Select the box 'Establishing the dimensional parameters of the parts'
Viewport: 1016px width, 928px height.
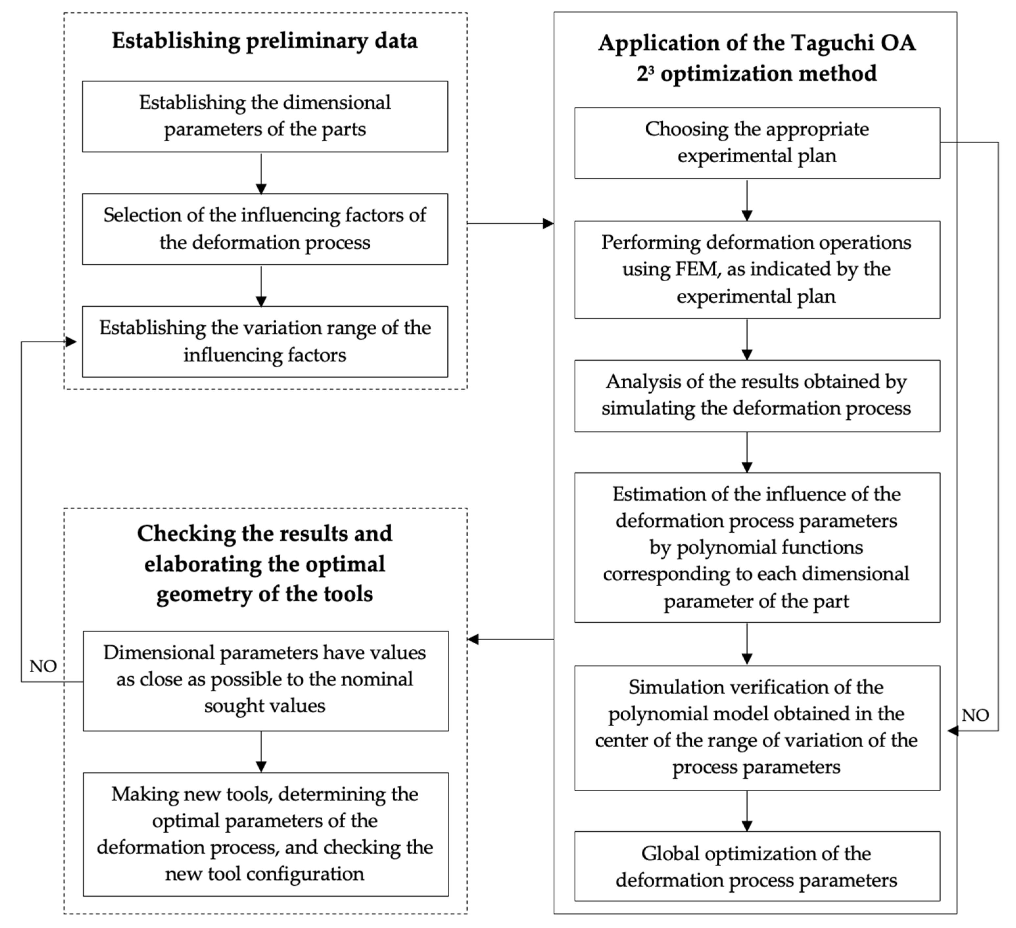[265, 116]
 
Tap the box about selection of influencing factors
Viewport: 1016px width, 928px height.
[265, 229]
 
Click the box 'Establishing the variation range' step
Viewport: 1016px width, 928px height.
[265, 341]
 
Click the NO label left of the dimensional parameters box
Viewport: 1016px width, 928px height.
[43, 666]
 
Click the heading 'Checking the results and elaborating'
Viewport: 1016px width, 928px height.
[265, 564]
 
